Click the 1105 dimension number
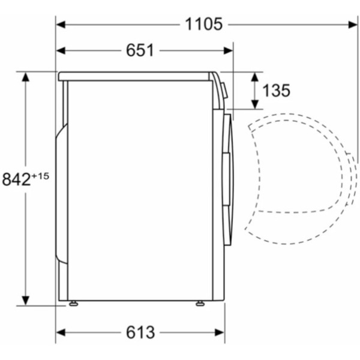[203, 24]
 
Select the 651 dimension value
[140, 51]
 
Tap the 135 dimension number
[277, 91]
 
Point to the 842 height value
[16, 179]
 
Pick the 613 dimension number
[140, 332]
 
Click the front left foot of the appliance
[73, 304]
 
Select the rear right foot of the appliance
[199, 304]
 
